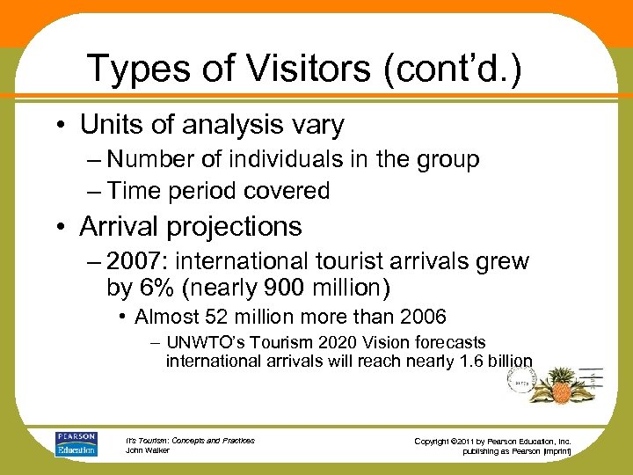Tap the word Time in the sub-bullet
(140, 190)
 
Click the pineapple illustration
(560, 382)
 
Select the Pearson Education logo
(76, 443)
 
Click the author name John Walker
(147, 450)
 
